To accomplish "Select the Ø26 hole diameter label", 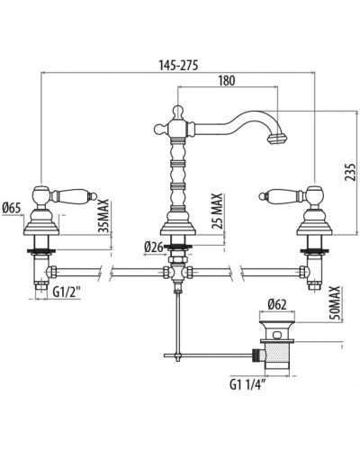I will [155, 247].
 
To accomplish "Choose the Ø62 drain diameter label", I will [277, 305].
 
